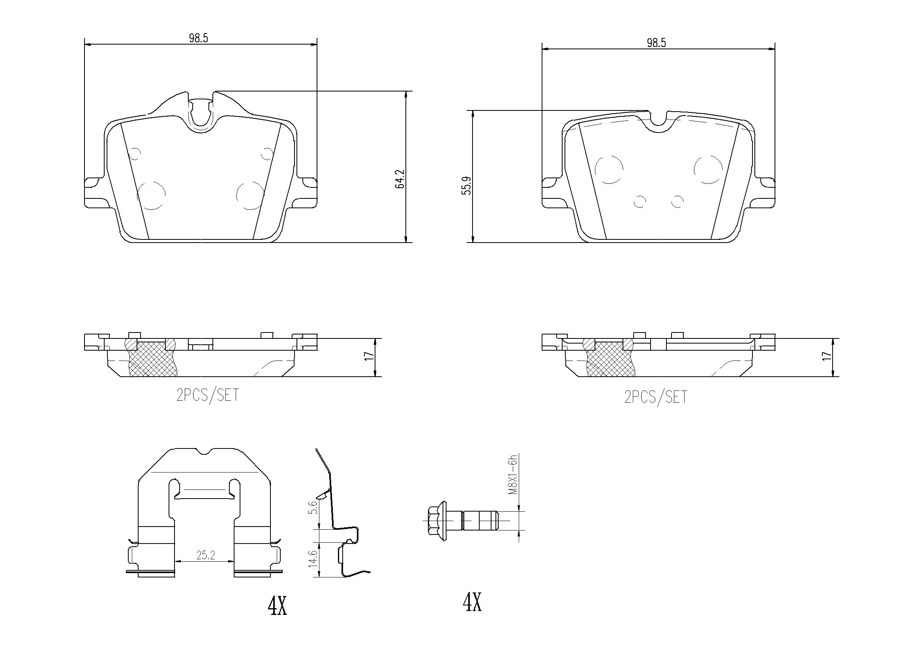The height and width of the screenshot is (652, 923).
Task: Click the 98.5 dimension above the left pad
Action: tap(198, 38)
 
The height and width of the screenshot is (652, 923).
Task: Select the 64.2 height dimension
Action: tap(400, 179)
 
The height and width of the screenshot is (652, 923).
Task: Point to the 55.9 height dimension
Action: tap(466, 186)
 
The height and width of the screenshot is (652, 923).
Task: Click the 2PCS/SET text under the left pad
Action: tap(207, 396)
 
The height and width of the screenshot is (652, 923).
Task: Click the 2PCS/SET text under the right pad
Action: tap(656, 397)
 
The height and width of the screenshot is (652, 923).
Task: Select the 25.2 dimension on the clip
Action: tap(205, 555)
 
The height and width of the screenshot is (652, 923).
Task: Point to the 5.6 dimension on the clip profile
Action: tap(314, 507)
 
